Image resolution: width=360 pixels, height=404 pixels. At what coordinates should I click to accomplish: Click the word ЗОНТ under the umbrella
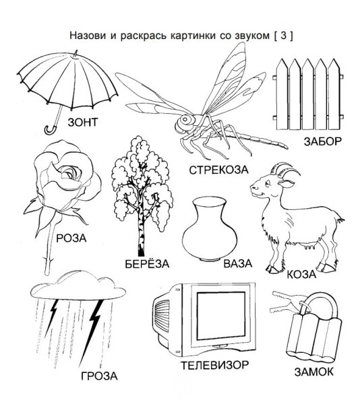[x=82, y=123]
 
